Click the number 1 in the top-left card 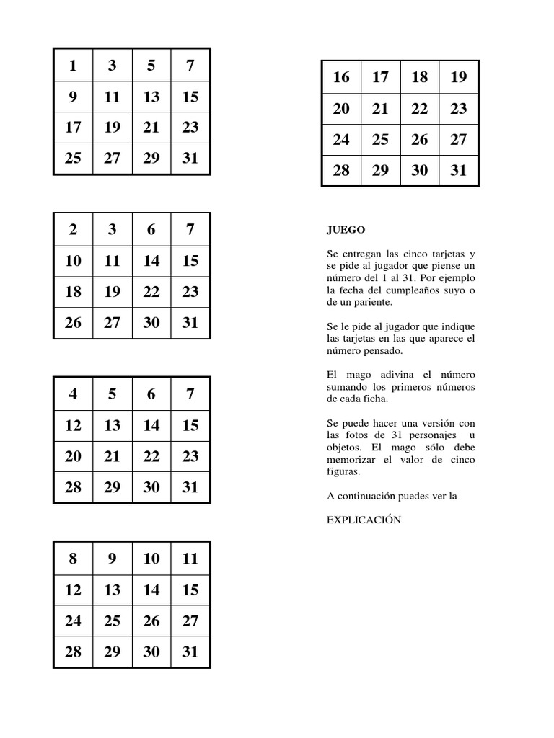point(73,66)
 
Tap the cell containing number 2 point(73,230)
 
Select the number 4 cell point(73,394)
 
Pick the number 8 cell point(73,559)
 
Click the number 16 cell point(341,78)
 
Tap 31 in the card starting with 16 point(458,171)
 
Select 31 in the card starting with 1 point(190,159)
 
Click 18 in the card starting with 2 point(73,292)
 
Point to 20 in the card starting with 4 point(73,456)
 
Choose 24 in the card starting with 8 point(73,621)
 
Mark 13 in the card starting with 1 point(151,97)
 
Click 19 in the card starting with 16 point(458,78)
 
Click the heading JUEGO point(346,231)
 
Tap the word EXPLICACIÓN point(364,520)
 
